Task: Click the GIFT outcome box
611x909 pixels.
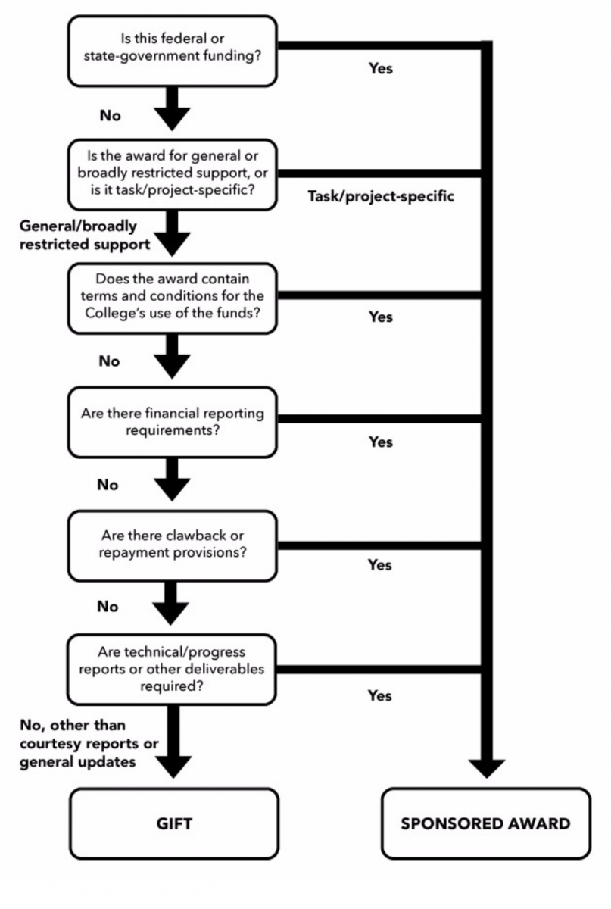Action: click(173, 823)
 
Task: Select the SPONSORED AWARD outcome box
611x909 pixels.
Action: click(485, 823)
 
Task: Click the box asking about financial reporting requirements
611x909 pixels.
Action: click(173, 422)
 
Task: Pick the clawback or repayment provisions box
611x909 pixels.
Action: click(173, 545)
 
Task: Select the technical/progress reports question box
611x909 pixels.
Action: click(173, 669)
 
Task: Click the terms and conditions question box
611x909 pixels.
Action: click(173, 298)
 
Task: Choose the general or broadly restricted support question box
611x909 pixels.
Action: click(173, 174)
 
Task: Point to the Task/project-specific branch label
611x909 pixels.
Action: click(381, 196)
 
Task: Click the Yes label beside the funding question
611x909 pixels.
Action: click(381, 69)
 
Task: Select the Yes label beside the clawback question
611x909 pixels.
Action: click(380, 565)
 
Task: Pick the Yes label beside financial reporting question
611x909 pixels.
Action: click(381, 442)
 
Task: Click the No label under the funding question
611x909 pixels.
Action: click(110, 116)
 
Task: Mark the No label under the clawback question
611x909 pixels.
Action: click(108, 607)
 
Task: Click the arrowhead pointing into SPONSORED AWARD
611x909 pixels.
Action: click(486, 767)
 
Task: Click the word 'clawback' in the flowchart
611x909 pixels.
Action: click(176, 535)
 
